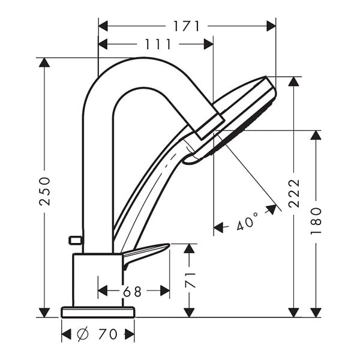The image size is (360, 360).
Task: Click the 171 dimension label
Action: [x=187, y=26]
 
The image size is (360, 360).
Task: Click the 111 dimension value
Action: [x=158, y=44]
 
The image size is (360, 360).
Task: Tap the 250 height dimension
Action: [x=44, y=191]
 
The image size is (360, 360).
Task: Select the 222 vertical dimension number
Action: [x=294, y=194]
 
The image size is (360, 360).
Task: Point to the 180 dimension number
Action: [x=316, y=221]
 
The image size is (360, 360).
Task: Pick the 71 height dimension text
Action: [x=190, y=280]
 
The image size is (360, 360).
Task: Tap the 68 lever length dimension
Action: [x=132, y=292]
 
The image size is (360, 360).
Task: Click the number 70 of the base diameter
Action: [x=108, y=334]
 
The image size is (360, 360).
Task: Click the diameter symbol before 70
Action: [x=83, y=334]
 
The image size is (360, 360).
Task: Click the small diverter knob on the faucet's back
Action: [x=75, y=240]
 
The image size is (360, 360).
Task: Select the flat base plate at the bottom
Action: [x=98, y=312]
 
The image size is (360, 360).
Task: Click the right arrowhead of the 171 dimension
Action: [x=271, y=26]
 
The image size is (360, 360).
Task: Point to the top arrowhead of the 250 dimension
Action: [x=44, y=62]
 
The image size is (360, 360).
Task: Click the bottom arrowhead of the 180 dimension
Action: [x=316, y=313]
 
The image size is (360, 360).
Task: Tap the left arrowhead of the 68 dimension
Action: [x=103, y=291]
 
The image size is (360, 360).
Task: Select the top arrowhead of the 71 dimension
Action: [x=189, y=248]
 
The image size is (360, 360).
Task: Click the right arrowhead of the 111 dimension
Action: [x=209, y=44]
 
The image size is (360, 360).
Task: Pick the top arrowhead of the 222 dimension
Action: [x=294, y=81]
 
